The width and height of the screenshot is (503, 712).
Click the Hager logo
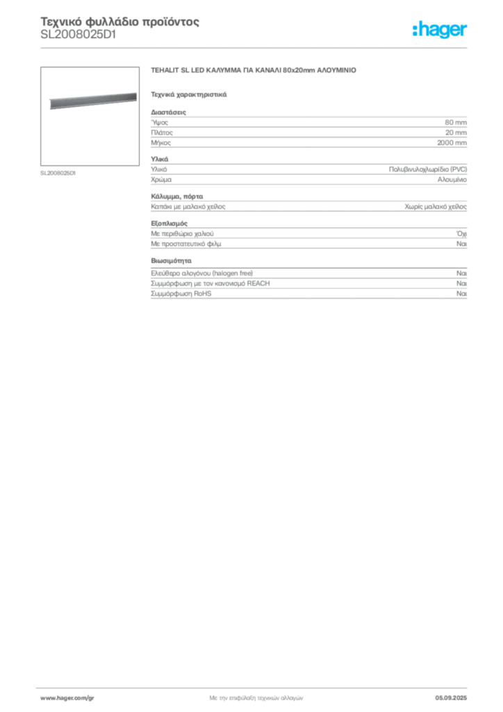tap(440, 30)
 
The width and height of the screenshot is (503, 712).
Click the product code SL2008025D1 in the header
tap(79, 35)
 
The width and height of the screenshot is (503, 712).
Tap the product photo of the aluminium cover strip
tap(93, 101)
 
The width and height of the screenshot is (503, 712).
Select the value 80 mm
tap(455, 122)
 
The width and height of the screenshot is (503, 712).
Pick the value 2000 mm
tap(452, 143)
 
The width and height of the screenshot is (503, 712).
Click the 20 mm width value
tap(456, 133)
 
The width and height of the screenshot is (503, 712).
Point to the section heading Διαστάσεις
tap(168, 112)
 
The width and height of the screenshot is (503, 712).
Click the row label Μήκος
tap(160, 143)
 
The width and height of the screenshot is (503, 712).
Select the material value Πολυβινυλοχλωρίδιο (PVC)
tap(428, 170)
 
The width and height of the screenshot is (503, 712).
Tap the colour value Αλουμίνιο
tap(452, 179)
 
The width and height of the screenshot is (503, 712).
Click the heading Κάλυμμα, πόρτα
tap(177, 197)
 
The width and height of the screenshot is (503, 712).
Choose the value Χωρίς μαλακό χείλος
tap(436, 207)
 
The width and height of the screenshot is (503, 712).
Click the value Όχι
tap(461, 234)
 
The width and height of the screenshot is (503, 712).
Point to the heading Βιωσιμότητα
tap(171, 261)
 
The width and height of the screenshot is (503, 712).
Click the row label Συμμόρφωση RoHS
tap(181, 293)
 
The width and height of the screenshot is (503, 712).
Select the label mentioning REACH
tap(210, 284)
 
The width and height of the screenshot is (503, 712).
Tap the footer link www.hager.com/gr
tap(67, 698)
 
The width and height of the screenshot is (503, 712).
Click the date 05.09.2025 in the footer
tap(451, 698)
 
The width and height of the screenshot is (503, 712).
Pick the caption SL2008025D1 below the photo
tap(58, 173)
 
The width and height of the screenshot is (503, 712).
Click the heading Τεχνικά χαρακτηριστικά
tap(189, 95)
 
